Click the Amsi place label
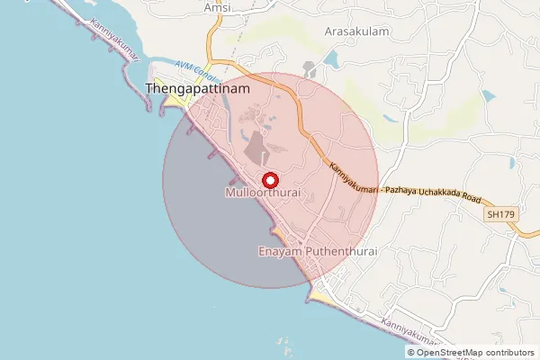[x=217, y=7]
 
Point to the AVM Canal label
[x=193, y=70]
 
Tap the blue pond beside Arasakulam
[x=328, y=60]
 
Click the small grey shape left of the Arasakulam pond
[x=310, y=68]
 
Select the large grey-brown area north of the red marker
[x=257, y=148]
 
